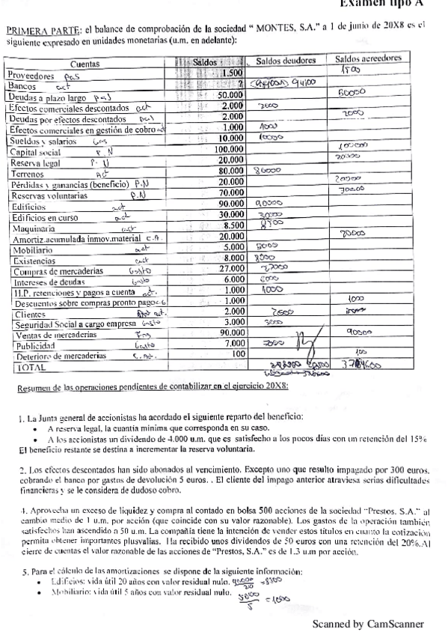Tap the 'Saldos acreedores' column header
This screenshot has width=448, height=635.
point(368,58)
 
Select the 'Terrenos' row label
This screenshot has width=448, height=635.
point(25,172)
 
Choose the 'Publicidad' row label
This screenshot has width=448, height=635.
point(29,347)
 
